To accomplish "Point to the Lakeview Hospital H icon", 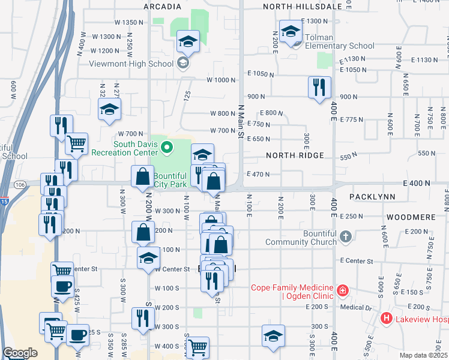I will [x=387, y=319].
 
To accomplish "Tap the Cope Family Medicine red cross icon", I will [x=342, y=291].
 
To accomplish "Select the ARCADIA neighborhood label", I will [x=163, y=7].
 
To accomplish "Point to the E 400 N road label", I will [x=417, y=182].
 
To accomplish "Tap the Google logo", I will [x=20, y=353].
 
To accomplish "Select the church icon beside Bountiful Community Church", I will [x=345, y=236].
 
